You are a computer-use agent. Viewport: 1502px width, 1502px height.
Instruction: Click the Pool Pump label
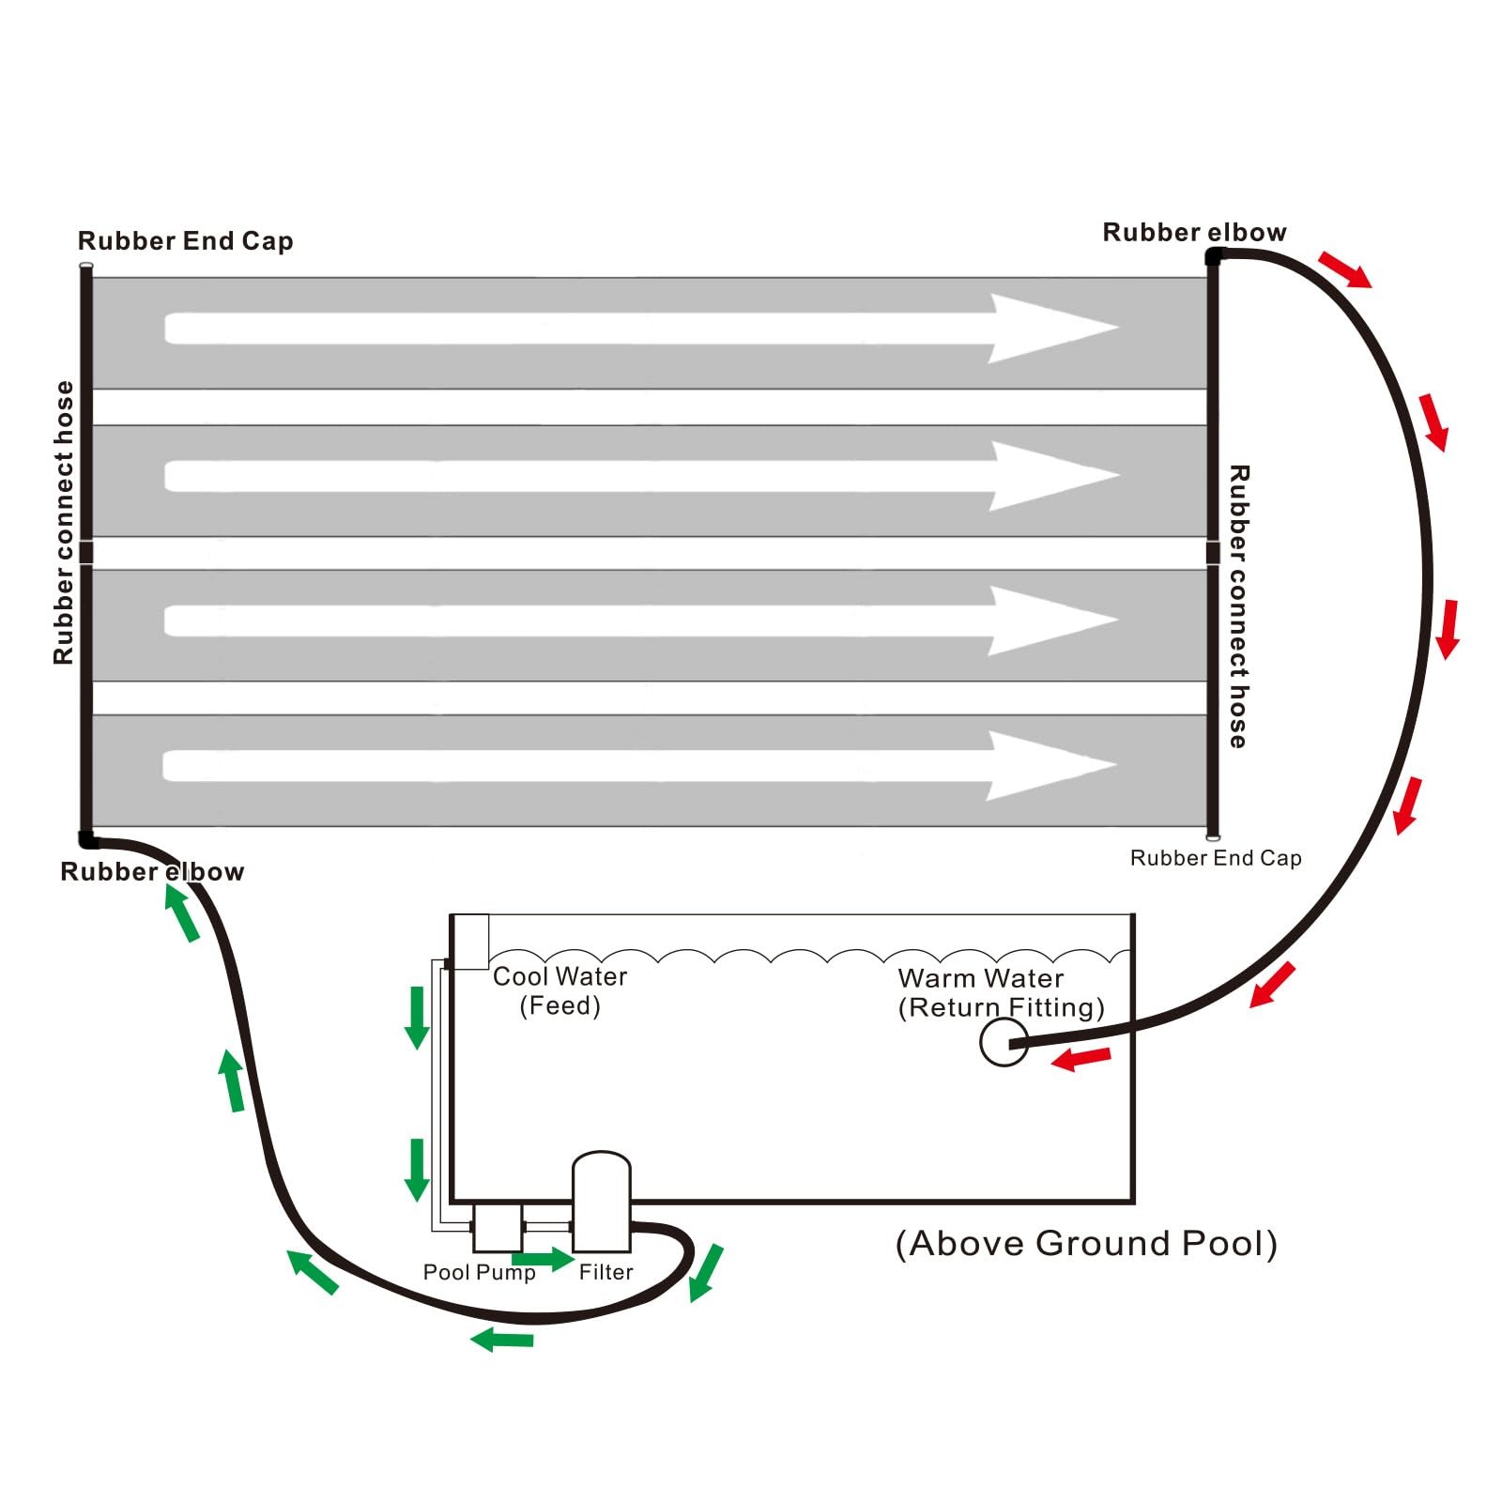[479, 1272]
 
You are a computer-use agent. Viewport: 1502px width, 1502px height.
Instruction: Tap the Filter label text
[605, 1272]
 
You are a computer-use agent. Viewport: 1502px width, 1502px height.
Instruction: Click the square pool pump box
[497, 1228]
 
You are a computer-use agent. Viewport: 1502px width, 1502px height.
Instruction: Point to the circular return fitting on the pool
[1003, 1043]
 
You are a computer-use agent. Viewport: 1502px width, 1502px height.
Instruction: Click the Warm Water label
[981, 978]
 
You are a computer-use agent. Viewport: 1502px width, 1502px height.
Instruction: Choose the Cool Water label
[559, 977]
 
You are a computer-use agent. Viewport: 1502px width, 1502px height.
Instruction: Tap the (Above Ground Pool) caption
[1086, 1243]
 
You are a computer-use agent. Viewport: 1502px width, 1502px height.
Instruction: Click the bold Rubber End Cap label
[185, 241]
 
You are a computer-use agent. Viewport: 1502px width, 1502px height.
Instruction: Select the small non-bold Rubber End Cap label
[1216, 858]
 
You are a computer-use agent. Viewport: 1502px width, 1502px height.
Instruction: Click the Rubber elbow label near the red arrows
[1194, 232]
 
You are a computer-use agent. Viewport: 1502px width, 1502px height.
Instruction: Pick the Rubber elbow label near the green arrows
[152, 872]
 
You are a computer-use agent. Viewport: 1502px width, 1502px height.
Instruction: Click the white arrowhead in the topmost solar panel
[1051, 328]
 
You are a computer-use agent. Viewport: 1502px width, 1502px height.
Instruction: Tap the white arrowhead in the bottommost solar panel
[1050, 766]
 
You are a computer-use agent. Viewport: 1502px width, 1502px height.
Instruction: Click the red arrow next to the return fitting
[1081, 1059]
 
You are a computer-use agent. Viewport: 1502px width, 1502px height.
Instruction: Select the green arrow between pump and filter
[543, 1258]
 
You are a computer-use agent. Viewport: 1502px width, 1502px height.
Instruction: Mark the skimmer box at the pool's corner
[469, 941]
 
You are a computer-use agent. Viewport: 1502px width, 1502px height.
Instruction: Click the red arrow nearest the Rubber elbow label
[1344, 269]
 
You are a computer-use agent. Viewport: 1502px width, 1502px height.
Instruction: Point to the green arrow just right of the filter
[706, 1272]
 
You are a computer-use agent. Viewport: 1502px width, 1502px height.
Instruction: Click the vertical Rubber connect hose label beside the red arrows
[1238, 606]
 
